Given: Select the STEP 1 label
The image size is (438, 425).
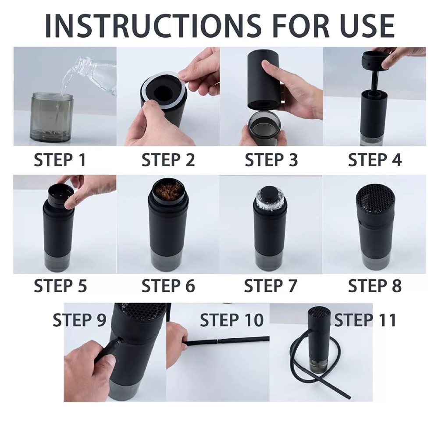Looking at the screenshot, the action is [60, 160].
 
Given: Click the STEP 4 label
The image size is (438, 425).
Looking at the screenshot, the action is [374, 160].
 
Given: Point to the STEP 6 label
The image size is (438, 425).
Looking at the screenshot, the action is [168, 286].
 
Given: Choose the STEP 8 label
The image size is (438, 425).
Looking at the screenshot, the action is [374, 286].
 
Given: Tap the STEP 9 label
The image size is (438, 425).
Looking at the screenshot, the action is [80, 320].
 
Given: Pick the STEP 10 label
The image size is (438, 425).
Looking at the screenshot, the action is [231, 320].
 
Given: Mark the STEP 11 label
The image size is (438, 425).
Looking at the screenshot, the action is [365, 320].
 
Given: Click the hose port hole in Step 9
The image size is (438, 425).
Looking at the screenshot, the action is [121, 339].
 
